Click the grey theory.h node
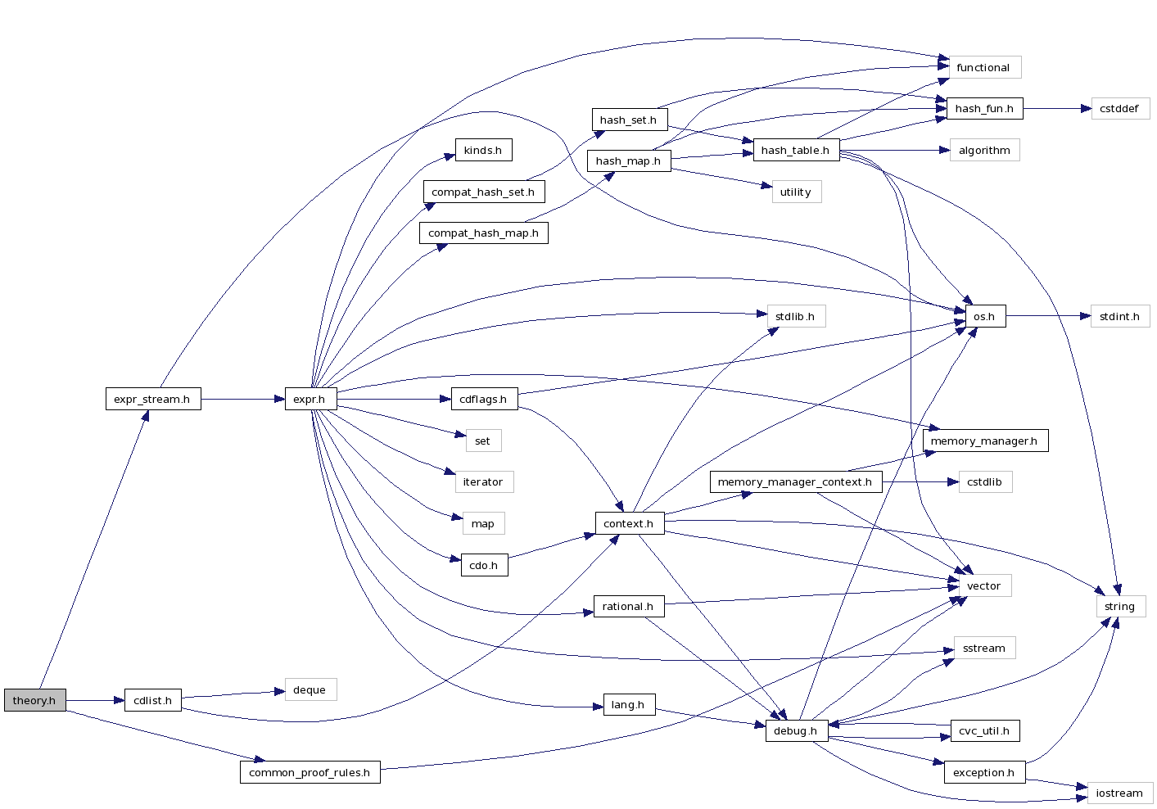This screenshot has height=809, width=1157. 34,700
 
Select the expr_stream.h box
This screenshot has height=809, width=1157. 152,399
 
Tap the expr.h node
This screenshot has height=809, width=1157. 310,399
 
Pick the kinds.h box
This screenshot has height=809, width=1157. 483,150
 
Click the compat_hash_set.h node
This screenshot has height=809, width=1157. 483,192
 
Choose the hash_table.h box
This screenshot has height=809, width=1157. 796,150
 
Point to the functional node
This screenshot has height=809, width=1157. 983,67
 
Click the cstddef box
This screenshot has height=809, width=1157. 1119,108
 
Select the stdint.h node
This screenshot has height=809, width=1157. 1119,316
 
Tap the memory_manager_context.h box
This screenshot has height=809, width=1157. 795,481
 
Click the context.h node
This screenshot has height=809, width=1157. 629,523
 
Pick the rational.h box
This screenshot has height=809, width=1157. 628,606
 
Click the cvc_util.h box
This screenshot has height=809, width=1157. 984,730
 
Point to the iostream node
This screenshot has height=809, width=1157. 1119,793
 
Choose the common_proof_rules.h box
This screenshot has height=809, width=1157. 310,772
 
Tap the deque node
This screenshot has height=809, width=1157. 310,689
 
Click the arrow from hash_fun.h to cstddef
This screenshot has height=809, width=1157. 1056,108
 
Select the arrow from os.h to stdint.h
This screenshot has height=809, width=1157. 1048,316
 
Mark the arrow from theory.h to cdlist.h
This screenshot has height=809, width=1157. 95,700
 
